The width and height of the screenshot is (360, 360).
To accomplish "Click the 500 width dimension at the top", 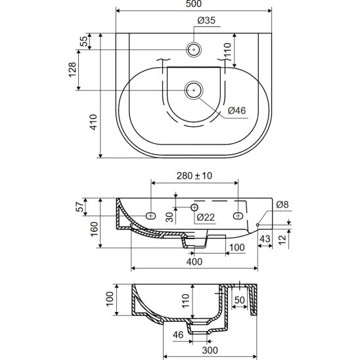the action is pyautogui.click(x=194, y=3).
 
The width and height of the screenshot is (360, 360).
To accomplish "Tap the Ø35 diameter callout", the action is pyautogui.click(x=206, y=20).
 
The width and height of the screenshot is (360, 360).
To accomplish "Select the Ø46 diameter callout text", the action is pyautogui.click(x=236, y=110).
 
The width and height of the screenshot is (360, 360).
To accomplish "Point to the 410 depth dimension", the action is pyautogui.click(x=93, y=122).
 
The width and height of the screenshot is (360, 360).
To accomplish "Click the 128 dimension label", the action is pyautogui.click(x=72, y=70).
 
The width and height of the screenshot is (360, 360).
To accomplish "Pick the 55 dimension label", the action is pyautogui.click(x=84, y=41).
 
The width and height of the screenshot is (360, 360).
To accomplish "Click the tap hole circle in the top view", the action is pyautogui.click(x=194, y=49).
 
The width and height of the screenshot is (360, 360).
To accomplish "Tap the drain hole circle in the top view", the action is pyautogui.click(x=194, y=90).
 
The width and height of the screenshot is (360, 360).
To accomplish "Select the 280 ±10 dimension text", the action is pyautogui.click(x=194, y=175).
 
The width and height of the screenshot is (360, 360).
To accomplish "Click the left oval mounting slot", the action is pyautogui.click(x=151, y=215).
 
